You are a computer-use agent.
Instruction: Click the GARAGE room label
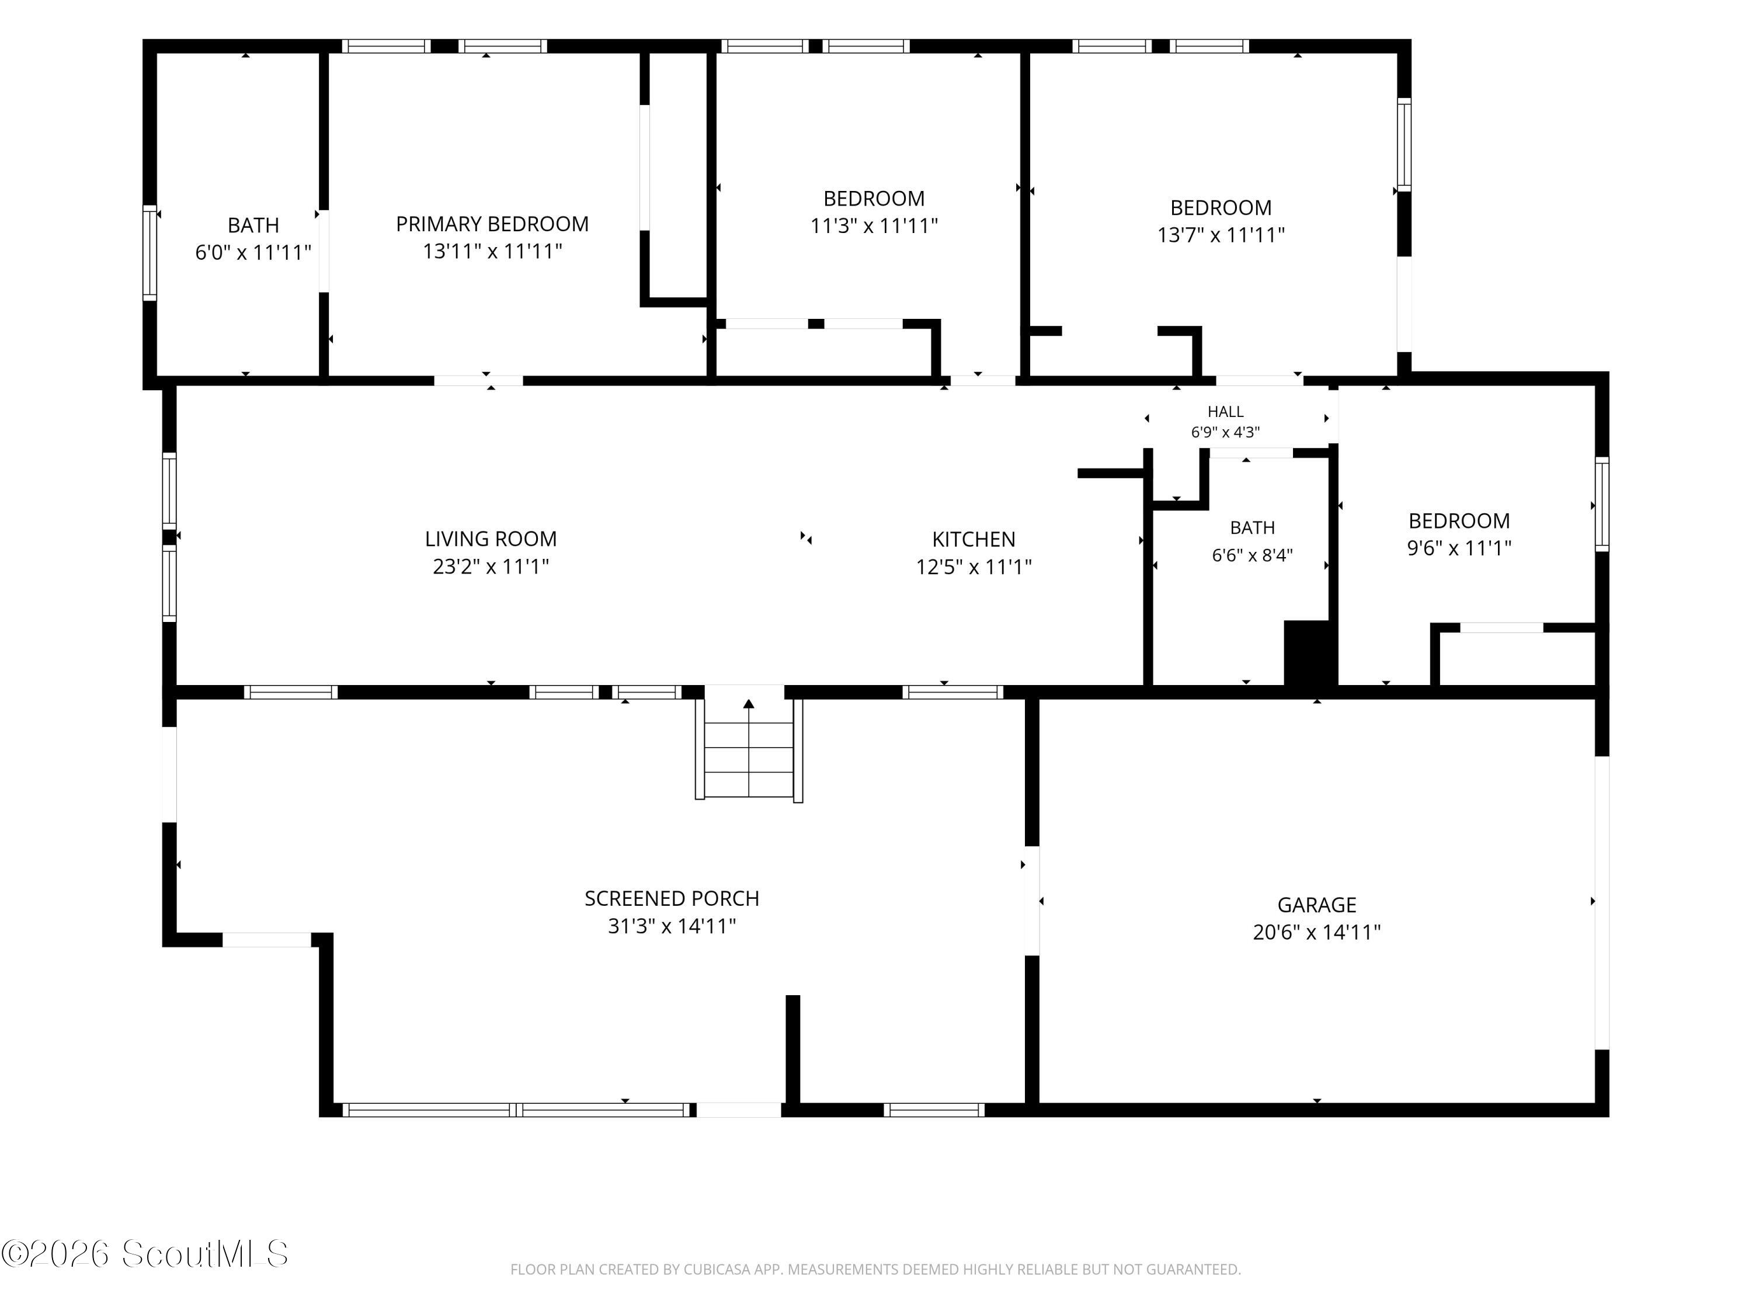click(1316, 905)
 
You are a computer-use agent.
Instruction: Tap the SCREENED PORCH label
click(672, 898)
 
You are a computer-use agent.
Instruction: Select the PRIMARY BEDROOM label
click(492, 224)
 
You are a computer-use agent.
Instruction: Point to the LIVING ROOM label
click(491, 540)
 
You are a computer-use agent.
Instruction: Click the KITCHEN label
click(974, 540)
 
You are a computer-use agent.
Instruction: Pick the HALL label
click(1225, 412)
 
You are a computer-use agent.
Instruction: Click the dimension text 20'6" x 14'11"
click(1316, 932)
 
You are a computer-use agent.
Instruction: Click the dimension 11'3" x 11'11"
click(874, 227)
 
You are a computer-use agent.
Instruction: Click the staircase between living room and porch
click(749, 749)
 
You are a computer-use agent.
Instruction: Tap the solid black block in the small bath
click(1310, 653)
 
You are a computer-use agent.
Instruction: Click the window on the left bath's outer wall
click(150, 253)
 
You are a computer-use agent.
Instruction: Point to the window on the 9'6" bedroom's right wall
click(1601, 505)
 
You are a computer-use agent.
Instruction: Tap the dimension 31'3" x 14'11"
click(672, 926)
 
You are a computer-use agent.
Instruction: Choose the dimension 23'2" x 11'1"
click(491, 567)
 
